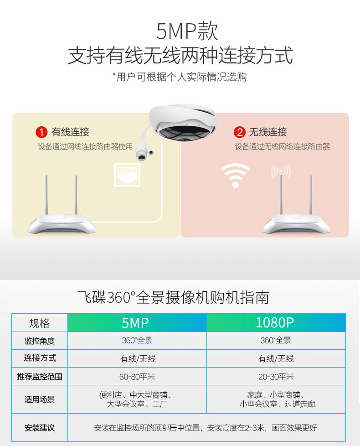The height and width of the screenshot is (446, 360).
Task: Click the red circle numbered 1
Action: click(41, 132)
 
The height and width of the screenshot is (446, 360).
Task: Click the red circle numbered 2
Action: click(240, 132)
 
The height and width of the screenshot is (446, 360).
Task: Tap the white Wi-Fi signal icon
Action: click(236, 175)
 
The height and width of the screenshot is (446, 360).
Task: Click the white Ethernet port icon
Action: click(127, 175)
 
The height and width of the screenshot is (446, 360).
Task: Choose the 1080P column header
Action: click(276, 322)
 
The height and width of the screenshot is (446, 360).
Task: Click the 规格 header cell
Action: click(40, 323)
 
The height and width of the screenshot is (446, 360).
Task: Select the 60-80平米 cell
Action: click(137, 377)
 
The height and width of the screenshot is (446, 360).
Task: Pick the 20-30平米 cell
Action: click(276, 377)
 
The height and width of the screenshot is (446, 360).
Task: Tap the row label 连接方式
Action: click(40, 358)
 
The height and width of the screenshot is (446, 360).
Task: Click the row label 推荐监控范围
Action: click(40, 377)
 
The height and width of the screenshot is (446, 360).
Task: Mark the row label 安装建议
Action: click(40, 427)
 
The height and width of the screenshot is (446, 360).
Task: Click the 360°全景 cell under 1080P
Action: click(276, 341)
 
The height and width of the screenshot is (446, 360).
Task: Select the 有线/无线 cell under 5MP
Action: click(137, 358)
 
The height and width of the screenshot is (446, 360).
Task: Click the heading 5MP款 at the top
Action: click(187, 31)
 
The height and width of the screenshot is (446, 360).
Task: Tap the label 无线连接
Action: click(268, 132)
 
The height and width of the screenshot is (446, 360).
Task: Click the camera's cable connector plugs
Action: click(144, 151)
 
